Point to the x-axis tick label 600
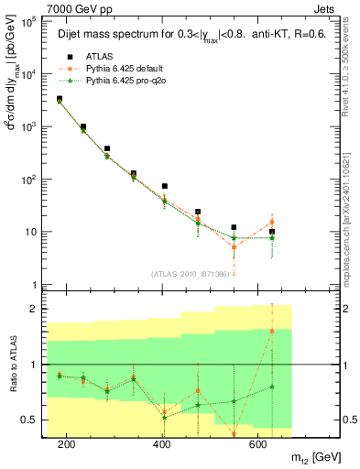pyautogui.click(x=259, y=443)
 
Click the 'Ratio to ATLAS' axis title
pyautogui.click(x=10, y=365)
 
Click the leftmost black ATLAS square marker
pyautogui.click(x=60, y=99)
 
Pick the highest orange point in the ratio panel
pyautogui.click(x=271, y=331)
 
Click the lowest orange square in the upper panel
pyautogui.click(x=234, y=247)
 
